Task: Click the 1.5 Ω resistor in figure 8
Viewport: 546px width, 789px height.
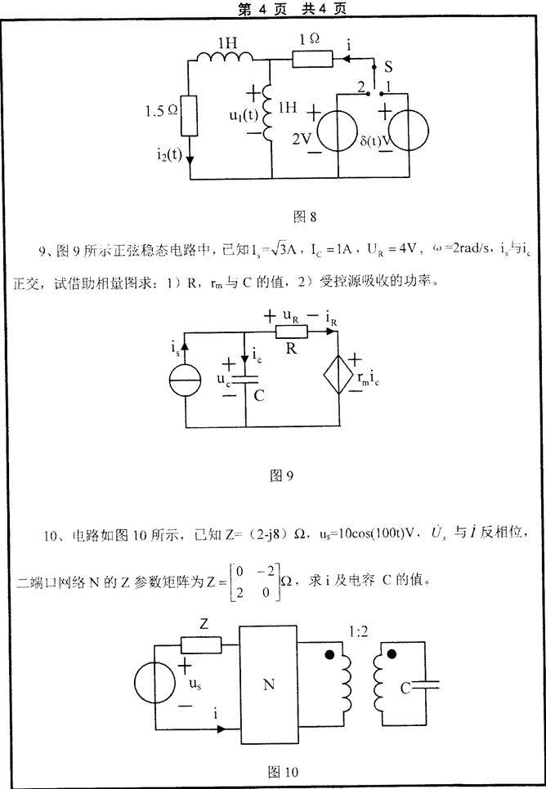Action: click(190, 117)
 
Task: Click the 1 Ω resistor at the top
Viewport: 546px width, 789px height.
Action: click(312, 57)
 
